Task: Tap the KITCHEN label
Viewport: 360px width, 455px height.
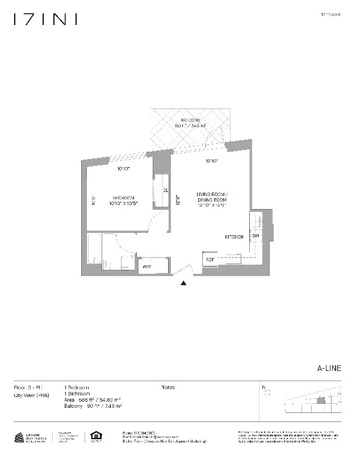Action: (235, 237)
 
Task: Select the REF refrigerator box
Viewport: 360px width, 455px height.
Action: (210, 260)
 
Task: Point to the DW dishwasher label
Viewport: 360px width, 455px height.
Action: (256, 236)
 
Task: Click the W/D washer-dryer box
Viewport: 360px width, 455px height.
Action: (148, 266)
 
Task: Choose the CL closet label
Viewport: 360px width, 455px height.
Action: (165, 191)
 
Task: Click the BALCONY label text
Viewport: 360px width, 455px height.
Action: (191, 120)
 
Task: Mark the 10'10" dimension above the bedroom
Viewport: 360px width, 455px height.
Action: (123, 169)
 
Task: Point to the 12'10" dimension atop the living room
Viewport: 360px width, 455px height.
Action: (212, 161)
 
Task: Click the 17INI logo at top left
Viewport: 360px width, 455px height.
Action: (45, 20)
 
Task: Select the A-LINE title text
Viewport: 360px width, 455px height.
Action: (329, 368)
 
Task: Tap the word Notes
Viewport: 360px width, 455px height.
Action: (168, 387)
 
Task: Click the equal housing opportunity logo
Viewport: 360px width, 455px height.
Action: (95, 437)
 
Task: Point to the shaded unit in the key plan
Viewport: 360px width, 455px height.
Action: (321, 400)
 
